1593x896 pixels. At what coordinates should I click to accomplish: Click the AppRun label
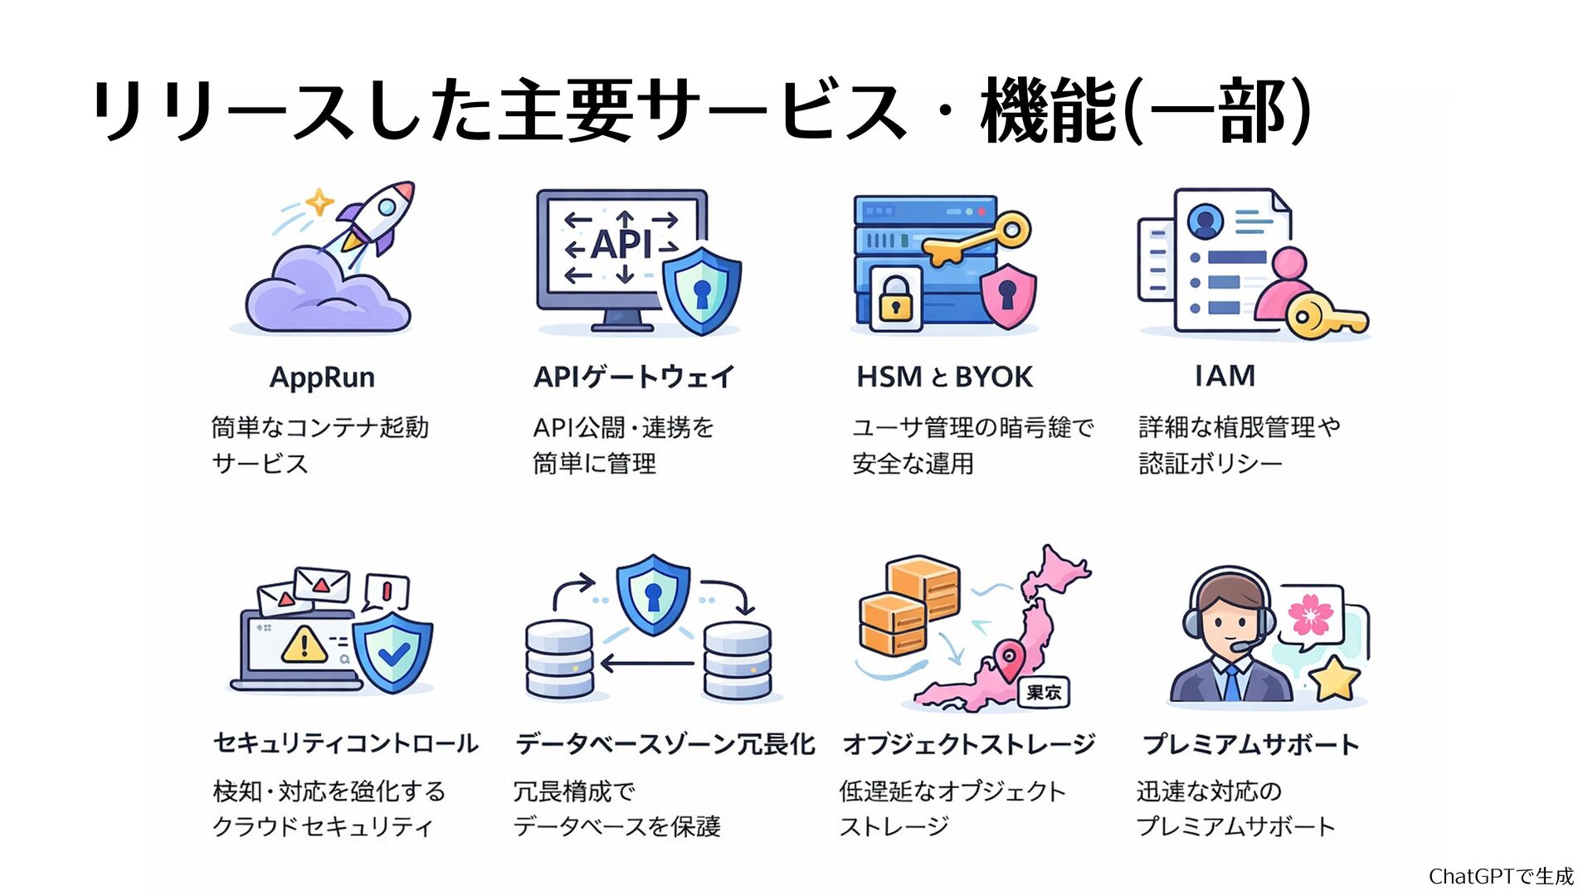[322, 377]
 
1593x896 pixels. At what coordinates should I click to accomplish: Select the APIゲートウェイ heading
[634, 377]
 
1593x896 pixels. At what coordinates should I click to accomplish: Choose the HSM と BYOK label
[944, 377]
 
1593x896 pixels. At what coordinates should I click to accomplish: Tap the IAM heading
[1225, 376]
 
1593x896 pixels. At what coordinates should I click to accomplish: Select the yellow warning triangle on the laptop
[304, 644]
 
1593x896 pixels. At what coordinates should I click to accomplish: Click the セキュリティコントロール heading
[345, 743]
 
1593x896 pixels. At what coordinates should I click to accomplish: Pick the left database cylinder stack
[560, 660]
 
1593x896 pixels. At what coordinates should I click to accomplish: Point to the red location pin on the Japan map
[1009, 660]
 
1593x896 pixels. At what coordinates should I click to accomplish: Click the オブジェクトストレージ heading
[968, 744]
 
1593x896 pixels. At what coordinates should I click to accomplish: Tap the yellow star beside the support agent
[1334, 679]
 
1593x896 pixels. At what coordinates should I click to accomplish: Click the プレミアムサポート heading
[1250, 744]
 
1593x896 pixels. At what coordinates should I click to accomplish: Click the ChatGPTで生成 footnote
[1500, 876]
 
